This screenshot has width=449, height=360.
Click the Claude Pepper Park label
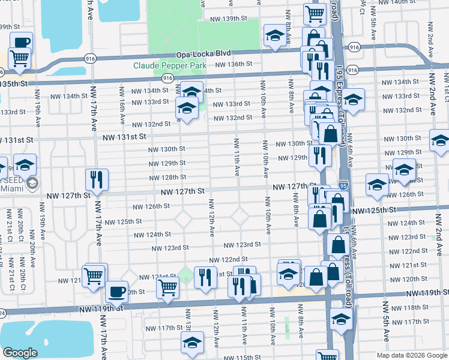click(169, 65)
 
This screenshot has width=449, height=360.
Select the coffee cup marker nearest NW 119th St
click(116, 292)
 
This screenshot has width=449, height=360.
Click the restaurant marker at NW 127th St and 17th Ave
click(96, 179)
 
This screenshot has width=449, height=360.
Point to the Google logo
click(20, 353)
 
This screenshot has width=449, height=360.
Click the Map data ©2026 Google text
click(411, 355)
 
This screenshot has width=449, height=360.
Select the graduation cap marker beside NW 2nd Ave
click(440, 141)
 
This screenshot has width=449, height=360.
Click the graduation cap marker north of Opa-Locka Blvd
click(275, 37)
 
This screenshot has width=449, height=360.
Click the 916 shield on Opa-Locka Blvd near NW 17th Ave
click(92, 58)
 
